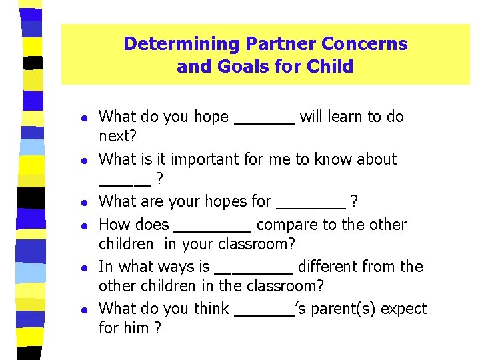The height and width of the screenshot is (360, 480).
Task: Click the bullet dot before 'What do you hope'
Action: pos(79,117)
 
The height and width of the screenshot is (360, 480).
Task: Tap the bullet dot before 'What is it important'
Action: pos(79,160)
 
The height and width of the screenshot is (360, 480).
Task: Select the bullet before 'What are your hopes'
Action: pos(79,202)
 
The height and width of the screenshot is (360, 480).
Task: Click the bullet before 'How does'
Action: pos(79,225)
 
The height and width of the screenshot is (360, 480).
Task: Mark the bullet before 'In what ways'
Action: pos(79,267)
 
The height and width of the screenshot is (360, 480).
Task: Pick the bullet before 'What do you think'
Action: pos(79,309)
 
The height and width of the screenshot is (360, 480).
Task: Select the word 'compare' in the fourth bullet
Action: pos(285,225)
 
